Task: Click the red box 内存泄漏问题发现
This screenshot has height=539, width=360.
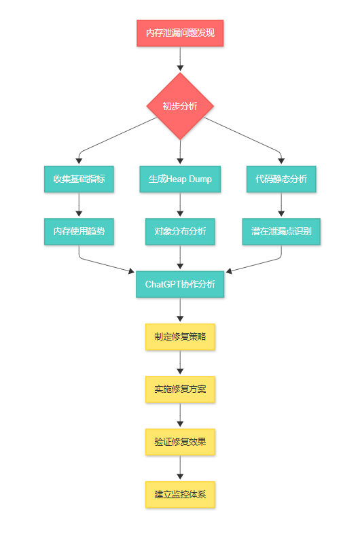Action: [x=180, y=33]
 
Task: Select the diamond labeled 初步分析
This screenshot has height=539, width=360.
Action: [x=180, y=106]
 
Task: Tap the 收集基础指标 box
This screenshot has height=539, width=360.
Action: [x=79, y=179]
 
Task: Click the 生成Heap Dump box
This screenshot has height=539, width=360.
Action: [x=180, y=179]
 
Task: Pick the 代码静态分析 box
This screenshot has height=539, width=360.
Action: [x=281, y=179]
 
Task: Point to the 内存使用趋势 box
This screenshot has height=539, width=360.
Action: [x=79, y=232]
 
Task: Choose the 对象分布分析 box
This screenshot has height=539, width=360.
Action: [x=180, y=232]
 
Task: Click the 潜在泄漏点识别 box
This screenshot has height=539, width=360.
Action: [x=281, y=232]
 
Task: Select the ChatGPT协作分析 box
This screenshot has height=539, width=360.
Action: [x=180, y=284]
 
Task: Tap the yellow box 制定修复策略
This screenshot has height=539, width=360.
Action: [x=180, y=336]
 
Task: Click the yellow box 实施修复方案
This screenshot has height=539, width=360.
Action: [x=180, y=389]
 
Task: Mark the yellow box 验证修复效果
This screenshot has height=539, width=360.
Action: [x=180, y=442]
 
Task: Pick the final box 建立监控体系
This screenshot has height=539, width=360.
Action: [x=180, y=494]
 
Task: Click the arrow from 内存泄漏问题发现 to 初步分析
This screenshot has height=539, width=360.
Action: [x=180, y=59]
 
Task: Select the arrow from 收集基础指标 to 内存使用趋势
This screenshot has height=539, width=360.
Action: [x=79, y=205]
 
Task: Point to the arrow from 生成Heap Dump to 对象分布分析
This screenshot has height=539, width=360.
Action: [x=180, y=205]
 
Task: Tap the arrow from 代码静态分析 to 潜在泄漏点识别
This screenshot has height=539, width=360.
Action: [x=281, y=205]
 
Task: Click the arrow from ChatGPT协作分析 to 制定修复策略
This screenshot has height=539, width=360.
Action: [x=180, y=310]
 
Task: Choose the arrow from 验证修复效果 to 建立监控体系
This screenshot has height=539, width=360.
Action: [x=180, y=468]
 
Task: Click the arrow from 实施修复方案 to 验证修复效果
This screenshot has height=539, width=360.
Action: [x=180, y=415]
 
